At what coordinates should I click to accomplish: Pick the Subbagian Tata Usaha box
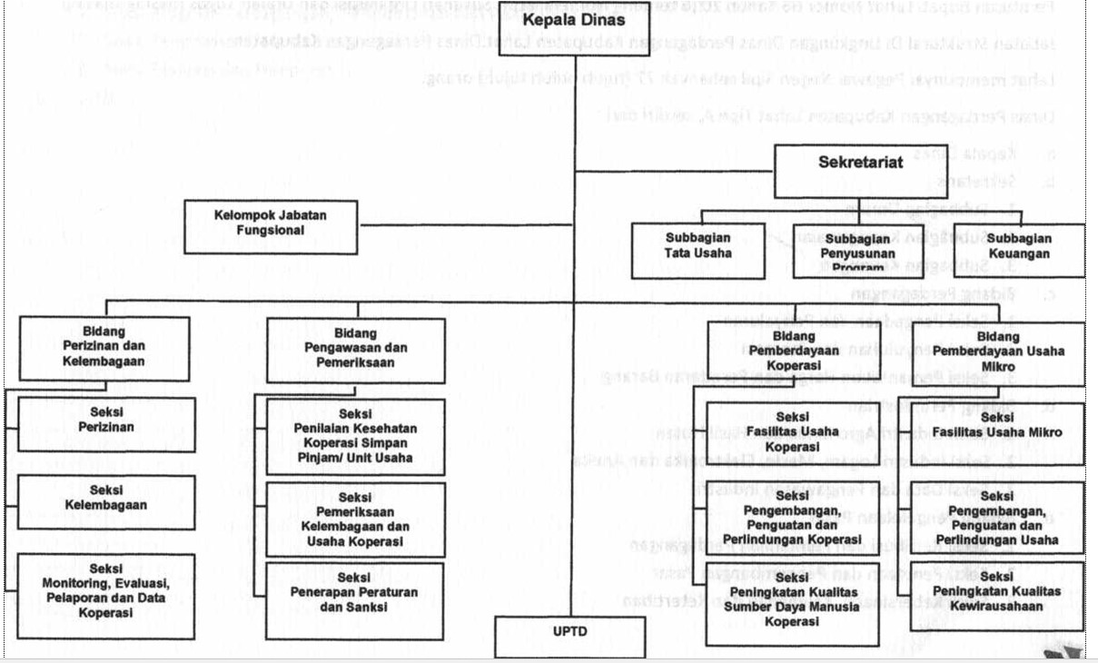point(697,247)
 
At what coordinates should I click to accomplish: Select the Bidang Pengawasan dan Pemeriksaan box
point(356,349)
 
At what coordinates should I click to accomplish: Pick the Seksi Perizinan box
point(105,421)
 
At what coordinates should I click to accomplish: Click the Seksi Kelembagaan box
point(105,500)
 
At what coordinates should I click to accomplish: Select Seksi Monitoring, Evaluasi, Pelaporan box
point(105,594)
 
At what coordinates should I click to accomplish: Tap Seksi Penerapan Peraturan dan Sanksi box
point(356,599)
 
